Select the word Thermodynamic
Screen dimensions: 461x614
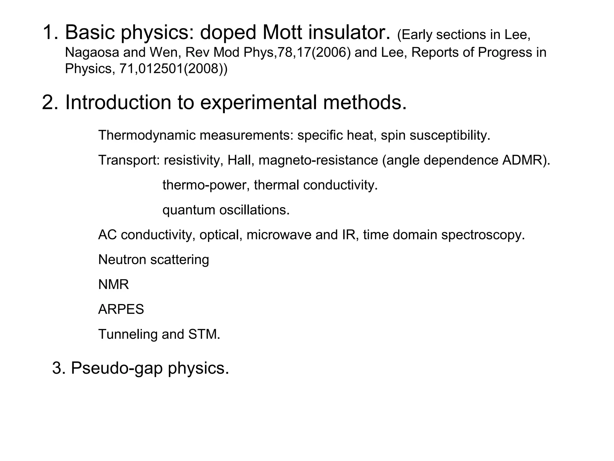tap(147, 135)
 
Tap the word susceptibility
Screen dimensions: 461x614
tap(450, 135)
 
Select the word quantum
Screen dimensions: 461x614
tap(189, 210)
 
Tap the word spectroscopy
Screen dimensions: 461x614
tap(483, 235)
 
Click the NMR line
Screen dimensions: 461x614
tap(113, 285)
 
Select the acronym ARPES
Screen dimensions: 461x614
tap(121, 309)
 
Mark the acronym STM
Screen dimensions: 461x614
tap(204, 334)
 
